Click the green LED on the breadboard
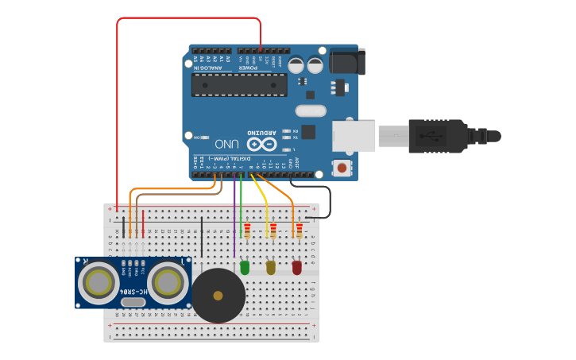pyautogui.click(x=244, y=268)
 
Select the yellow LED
pyautogui.click(x=271, y=268)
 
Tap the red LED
pyautogui.click(x=297, y=268)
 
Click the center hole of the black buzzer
pyautogui.click(x=218, y=296)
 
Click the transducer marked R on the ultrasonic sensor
pyautogui.click(x=99, y=281)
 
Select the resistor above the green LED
pyautogui.click(x=247, y=230)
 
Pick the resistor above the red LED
pyautogui.click(x=300, y=230)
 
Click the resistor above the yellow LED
pyautogui.click(x=273, y=230)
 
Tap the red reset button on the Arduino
pyautogui.click(x=342, y=167)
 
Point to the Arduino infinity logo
pyautogui.click(x=262, y=144)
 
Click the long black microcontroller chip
pyautogui.click(x=239, y=84)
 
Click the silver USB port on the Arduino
pyautogui.click(x=354, y=136)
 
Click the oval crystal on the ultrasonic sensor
pyautogui.click(x=133, y=301)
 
